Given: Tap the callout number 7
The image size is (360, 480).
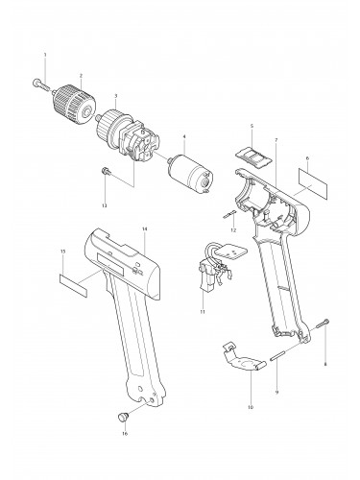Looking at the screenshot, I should click(x=276, y=141).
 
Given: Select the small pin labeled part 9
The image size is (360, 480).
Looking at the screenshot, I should click(x=279, y=349).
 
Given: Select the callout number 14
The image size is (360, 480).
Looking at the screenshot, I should click(x=143, y=228).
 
